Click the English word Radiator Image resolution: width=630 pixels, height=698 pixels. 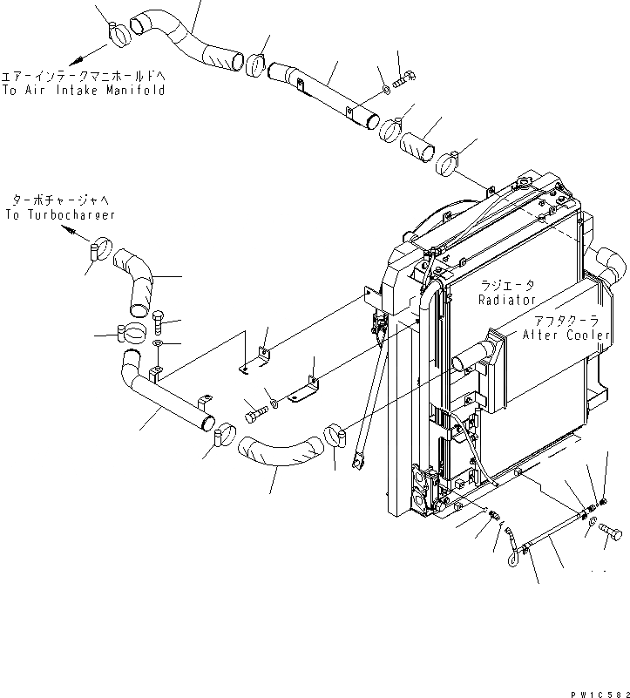(x=506, y=300)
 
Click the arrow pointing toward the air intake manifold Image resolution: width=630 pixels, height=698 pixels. (x=78, y=55)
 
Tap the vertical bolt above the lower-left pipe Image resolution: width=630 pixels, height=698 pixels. (x=159, y=323)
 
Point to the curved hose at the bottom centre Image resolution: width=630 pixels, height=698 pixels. (x=276, y=450)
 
